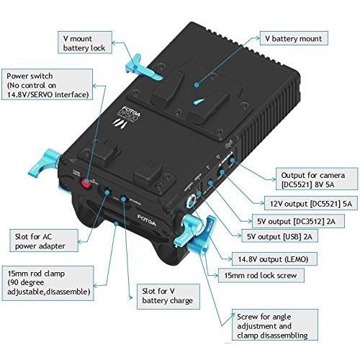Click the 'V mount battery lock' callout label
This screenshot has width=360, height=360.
pyautogui.click(x=85, y=42)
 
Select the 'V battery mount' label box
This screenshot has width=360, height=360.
pyautogui.click(x=294, y=38)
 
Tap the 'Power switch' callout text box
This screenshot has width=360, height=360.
pyautogui.click(x=47, y=84)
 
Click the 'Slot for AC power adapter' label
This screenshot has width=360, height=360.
pyautogui.click(x=44, y=240)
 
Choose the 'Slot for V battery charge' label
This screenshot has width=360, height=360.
pyautogui.click(x=168, y=297)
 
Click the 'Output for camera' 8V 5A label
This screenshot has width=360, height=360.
pyautogui.click(x=317, y=179)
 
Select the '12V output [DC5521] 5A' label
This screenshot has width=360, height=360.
pyautogui.click(x=311, y=204)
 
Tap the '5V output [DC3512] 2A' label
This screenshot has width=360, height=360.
pyautogui.click(x=298, y=221)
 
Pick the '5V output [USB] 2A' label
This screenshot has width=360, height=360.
pyautogui.click(x=279, y=236)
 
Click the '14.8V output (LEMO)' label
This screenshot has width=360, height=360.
pyautogui.click(x=274, y=259)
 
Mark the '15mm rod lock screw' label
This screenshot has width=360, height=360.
pyautogui.click(x=261, y=275)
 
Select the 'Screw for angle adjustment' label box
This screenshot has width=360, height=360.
pyautogui.click(x=275, y=325)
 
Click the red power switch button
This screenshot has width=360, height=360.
pyautogui.click(x=86, y=183)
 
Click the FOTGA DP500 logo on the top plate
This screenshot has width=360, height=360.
pyautogui.click(x=127, y=117)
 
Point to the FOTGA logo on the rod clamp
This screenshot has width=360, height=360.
pyautogui.click(x=147, y=220)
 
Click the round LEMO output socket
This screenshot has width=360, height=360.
pyautogui.click(x=192, y=201)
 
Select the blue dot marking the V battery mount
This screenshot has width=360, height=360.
pyautogui.click(x=197, y=85)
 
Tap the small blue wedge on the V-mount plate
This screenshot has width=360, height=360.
pyautogui.click(x=199, y=102)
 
